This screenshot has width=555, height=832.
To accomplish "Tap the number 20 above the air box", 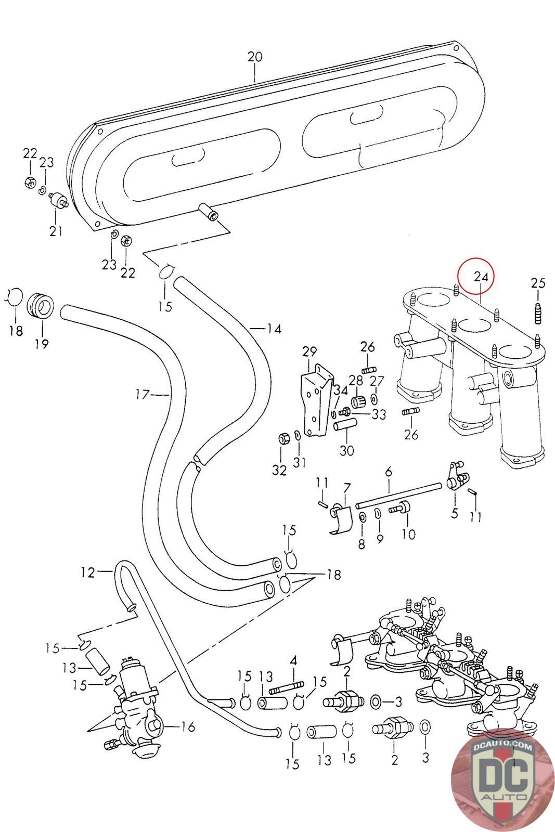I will coord(255,57).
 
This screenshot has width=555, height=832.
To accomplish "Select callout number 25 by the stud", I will coord(538,283).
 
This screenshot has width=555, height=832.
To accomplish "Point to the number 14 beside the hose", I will coord(274,329).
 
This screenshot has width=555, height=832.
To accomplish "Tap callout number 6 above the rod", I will coord(388,472).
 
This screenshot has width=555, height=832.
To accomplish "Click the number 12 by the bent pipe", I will coord(88,573).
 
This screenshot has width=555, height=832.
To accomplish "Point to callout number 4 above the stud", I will coord(294,662).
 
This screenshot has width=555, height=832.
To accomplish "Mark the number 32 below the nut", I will coord(279,470).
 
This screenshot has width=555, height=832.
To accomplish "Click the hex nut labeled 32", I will coord(284,438).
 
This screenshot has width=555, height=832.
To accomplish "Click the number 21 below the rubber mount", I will coord(56,231).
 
